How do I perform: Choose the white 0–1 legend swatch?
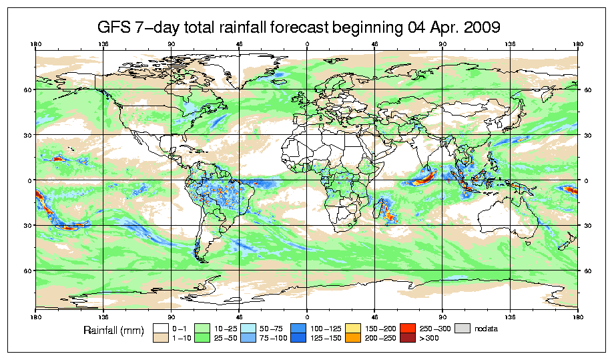(160, 328)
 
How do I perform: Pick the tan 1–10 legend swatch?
(160, 338)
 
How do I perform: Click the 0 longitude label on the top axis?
(306, 45)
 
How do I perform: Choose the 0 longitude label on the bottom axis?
(306, 315)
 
